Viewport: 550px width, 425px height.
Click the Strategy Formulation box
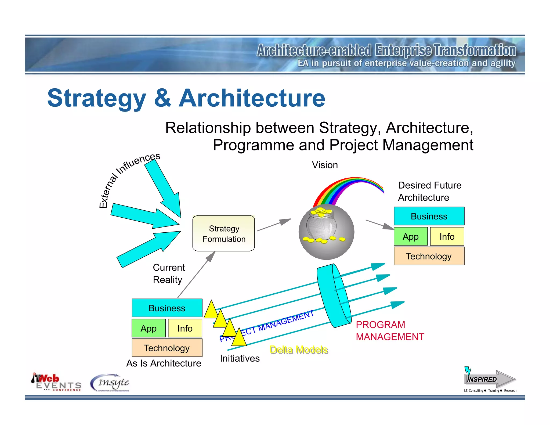click(223, 233)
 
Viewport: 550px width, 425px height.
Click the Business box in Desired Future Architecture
click(429, 216)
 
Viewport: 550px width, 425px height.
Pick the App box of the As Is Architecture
click(149, 328)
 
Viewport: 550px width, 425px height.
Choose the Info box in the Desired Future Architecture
click(447, 236)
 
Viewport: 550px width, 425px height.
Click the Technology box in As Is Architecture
click(167, 348)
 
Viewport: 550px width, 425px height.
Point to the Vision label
click(325, 165)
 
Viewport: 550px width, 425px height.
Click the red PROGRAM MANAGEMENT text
click(389, 331)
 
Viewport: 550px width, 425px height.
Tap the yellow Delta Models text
click(299, 350)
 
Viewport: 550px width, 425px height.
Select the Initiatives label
click(240, 358)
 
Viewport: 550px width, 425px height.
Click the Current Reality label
click(169, 273)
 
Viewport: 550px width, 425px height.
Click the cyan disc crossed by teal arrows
click(334, 296)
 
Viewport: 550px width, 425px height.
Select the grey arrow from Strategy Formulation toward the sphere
click(274, 225)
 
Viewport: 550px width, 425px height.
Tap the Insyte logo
click(110, 383)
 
